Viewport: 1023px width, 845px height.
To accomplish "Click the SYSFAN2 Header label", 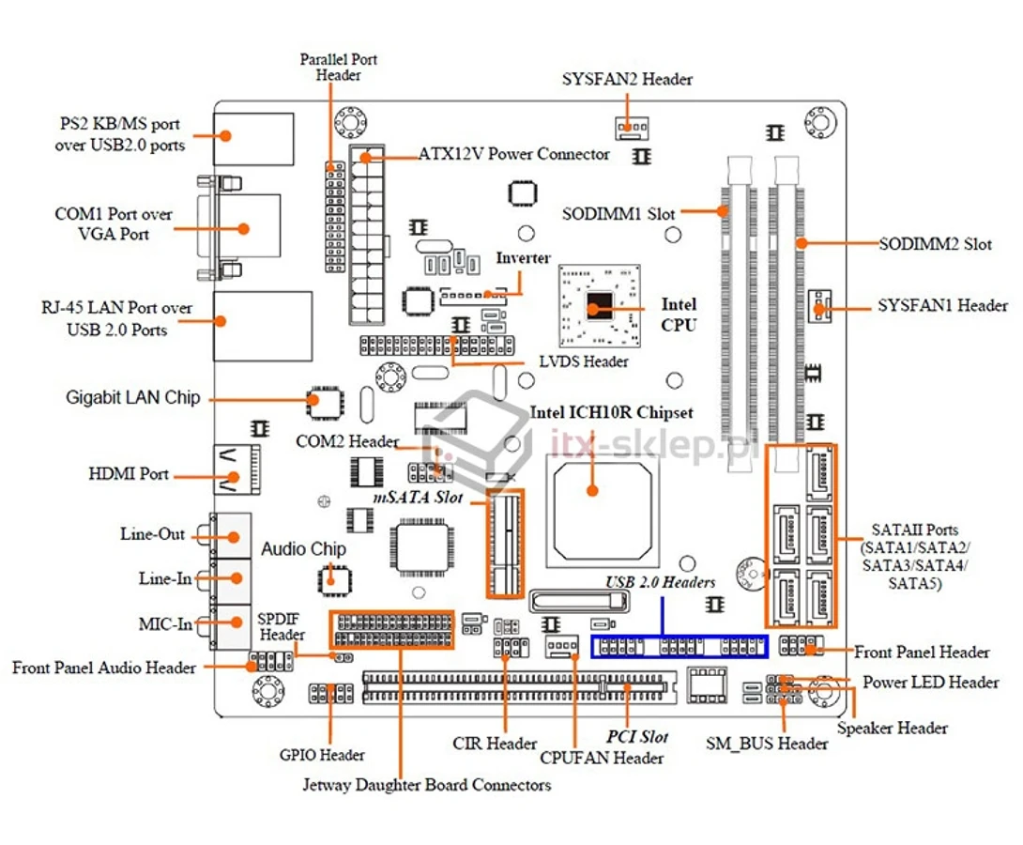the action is tap(627, 79).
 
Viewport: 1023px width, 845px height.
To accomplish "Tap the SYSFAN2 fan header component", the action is tap(632, 128).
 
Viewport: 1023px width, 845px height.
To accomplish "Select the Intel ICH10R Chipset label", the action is tap(611, 412).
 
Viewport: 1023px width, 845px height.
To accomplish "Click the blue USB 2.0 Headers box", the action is tap(679, 647).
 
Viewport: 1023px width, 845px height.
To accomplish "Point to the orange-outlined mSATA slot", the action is tap(504, 544).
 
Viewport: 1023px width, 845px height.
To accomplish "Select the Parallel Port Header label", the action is tap(339, 68).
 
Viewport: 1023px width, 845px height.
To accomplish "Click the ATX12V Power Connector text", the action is tap(513, 154).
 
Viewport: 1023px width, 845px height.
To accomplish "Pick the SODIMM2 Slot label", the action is tap(935, 244).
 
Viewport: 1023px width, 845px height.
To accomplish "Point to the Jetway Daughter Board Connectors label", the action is tap(427, 784).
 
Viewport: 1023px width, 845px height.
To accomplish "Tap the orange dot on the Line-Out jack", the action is tap(232, 537).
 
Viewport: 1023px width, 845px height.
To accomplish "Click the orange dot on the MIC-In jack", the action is tap(237, 622).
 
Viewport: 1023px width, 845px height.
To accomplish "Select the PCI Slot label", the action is tap(637, 737).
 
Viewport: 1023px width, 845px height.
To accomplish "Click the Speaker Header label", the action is tap(892, 729).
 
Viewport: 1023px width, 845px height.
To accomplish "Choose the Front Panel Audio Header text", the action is tap(104, 668).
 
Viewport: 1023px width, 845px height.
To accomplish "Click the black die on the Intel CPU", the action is tap(599, 305).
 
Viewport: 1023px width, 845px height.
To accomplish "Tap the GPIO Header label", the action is tap(322, 755).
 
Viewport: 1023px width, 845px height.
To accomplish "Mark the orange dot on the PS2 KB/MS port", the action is tap(225, 136).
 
